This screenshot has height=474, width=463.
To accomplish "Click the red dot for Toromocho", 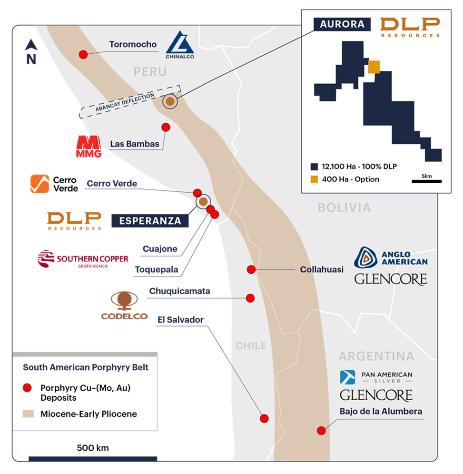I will (x=83, y=54).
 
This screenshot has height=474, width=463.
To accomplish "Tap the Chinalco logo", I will (x=180, y=46).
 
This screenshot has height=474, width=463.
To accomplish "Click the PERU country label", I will (x=150, y=72).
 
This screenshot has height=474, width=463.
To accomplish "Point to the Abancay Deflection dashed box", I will (x=129, y=101).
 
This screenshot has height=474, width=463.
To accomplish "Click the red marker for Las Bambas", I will (x=166, y=127).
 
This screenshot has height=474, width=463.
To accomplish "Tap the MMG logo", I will (x=89, y=147).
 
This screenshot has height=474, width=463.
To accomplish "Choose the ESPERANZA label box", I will (x=150, y=221).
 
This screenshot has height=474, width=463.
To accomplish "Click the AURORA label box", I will (x=342, y=24).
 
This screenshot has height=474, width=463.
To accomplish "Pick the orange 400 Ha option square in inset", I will (x=374, y=67).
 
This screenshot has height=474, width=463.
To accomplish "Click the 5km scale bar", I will (x=426, y=181).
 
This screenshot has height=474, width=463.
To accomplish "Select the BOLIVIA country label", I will (x=344, y=207).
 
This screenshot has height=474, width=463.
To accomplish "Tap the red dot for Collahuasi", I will (x=251, y=269).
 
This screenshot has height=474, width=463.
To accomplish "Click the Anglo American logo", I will (x=391, y=257).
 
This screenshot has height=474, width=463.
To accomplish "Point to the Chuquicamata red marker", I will (x=250, y=298).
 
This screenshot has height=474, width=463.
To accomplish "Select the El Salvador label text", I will (x=181, y=320).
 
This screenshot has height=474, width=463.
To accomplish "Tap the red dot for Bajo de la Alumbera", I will (x=321, y=430).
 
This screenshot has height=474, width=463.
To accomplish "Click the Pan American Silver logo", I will (x=376, y=377).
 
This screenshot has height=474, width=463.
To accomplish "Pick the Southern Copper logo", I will (x=83, y=259).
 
